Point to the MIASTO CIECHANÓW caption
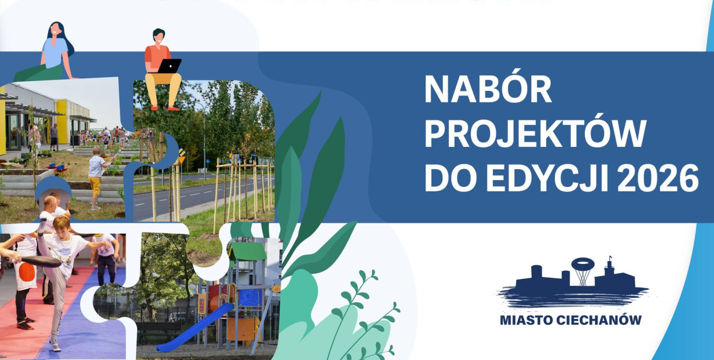point(571,320)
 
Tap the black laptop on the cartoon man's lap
point(170,66)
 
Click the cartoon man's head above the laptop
point(159,36)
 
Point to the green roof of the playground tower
point(248,251)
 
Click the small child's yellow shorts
point(95,186)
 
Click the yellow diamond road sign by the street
point(182,159)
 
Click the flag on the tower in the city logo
point(611,257)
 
